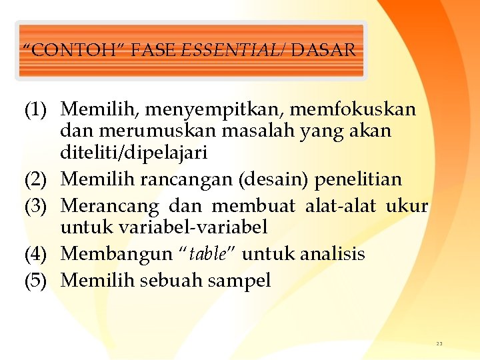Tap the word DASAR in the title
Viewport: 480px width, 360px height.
pyautogui.click(x=323, y=50)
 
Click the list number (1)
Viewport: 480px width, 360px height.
pyautogui.click(x=37, y=108)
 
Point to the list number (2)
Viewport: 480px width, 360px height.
pyautogui.click(x=37, y=180)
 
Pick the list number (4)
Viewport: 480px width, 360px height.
pyautogui.click(x=37, y=254)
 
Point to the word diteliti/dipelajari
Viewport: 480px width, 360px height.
pyautogui.click(x=134, y=153)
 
